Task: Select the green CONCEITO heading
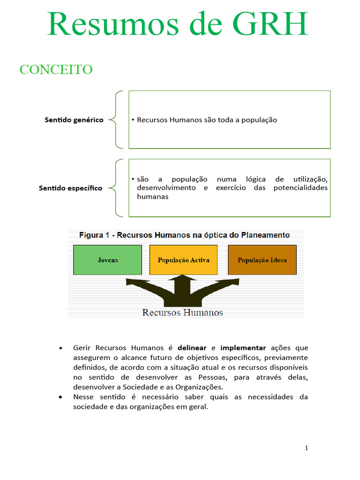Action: click(56, 69)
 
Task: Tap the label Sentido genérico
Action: click(74, 120)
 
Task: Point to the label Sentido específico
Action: click(71, 188)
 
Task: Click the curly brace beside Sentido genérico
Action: click(115, 120)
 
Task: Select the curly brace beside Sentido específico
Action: click(115, 188)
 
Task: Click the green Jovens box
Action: click(108, 260)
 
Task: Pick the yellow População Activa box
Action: click(183, 260)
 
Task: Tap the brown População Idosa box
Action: click(262, 260)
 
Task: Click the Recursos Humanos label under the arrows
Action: click(182, 312)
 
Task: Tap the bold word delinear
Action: click(192, 348)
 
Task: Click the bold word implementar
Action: click(243, 348)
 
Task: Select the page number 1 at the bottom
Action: click(307, 448)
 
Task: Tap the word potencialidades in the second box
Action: click(300, 188)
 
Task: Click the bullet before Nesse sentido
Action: click(61, 397)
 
